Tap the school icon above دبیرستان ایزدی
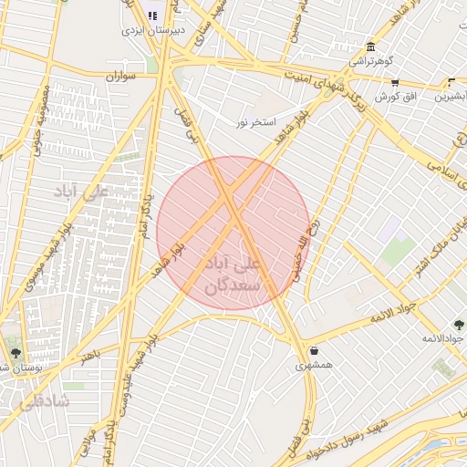pyautogui.click(x=152, y=15)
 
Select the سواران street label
pyautogui.click(x=119, y=77)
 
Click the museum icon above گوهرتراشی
pyautogui.click(x=370, y=47)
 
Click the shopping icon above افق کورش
pyautogui.click(x=395, y=82)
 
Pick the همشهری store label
pyautogui.click(x=315, y=366)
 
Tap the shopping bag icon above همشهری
pyautogui.click(x=315, y=350)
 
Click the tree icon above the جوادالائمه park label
pyautogui.click(x=458, y=325)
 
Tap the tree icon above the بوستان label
pyautogui.click(x=16, y=352)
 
